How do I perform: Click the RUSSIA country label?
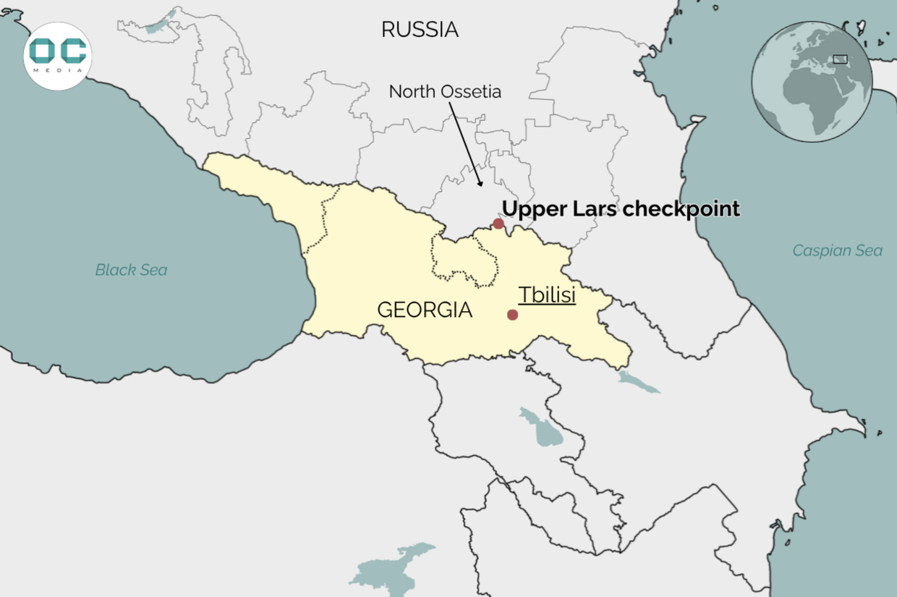[420, 30]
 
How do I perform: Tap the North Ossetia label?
[445, 92]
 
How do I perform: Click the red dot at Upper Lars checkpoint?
[498, 224]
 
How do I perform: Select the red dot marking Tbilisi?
[512, 314]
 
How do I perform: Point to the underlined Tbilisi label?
[547, 295]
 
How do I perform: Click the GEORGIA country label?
[425, 310]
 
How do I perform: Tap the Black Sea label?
[131, 270]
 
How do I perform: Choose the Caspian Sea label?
[837, 250]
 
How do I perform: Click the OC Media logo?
[58, 56]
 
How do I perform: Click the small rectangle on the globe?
[840, 59]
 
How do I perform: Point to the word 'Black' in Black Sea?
[114, 270]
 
